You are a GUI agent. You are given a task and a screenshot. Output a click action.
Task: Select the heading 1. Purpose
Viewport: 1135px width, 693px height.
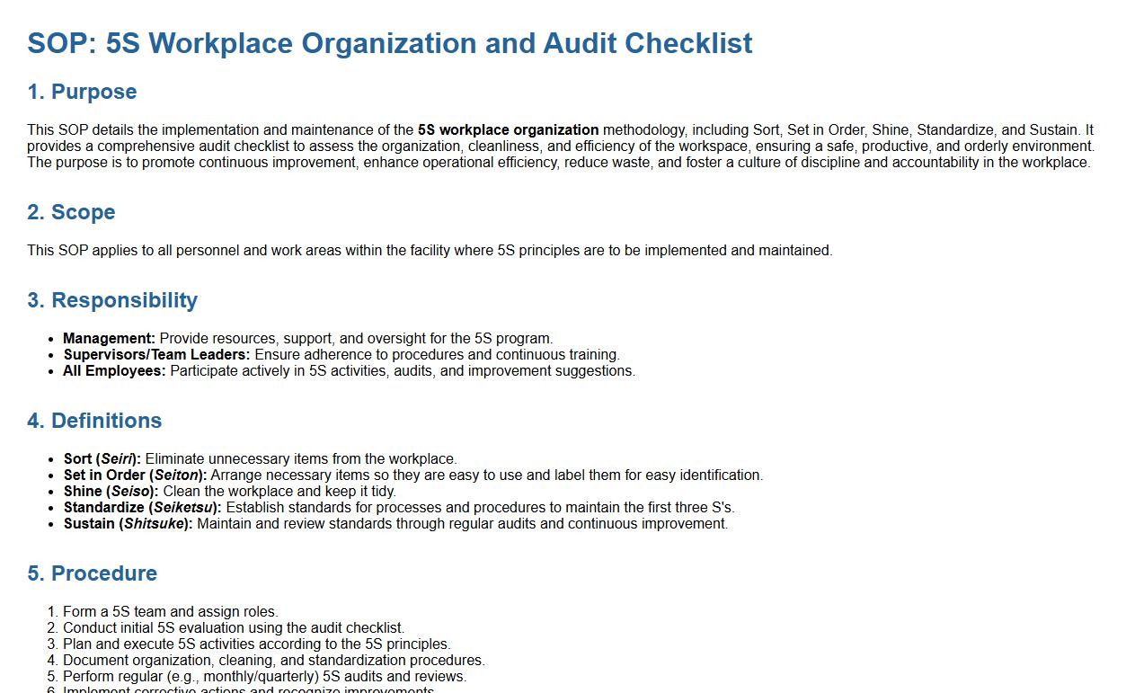(x=82, y=92)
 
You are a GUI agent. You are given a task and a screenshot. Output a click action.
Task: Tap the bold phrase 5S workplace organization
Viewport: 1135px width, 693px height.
(x=508, y=130)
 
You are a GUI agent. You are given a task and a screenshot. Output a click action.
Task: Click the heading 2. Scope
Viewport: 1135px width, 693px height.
(x=71, y=212)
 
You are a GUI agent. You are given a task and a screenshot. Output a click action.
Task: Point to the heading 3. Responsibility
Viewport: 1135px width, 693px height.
(x=112, y=300)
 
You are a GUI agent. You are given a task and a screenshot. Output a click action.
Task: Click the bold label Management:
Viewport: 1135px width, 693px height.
(x=109, y=339)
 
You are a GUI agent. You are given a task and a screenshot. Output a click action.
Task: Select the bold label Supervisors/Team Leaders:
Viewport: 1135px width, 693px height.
(x=156, y=355)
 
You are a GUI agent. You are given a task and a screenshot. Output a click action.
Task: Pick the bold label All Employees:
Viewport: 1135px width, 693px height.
(x=114, y=371)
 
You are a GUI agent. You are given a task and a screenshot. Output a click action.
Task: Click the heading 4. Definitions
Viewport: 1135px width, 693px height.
(x=94, y=421)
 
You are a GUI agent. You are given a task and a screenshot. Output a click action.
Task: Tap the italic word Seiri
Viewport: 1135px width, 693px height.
(x=116, y=459)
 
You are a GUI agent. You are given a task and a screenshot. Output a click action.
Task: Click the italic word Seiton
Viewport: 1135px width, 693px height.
(x=176, y=475)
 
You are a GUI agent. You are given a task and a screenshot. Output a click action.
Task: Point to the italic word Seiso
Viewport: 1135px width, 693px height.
(x=131, y=492)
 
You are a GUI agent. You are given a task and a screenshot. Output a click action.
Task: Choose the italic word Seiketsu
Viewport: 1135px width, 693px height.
(x=184, y=508)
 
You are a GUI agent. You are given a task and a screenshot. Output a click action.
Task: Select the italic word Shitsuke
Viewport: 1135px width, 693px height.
(x=155, y=524)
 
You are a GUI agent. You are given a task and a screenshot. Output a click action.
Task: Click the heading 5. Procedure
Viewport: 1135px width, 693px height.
(x=92, y=573)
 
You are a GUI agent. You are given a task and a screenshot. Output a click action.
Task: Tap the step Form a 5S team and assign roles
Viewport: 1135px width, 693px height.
(x=171, y=612)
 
